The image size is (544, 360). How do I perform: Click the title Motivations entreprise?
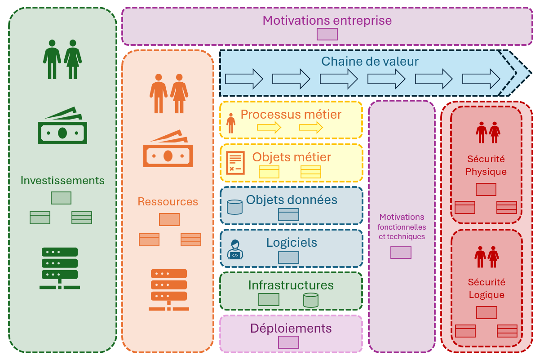(x=327, y=21)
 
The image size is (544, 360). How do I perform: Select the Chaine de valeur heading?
(x=370, y=61)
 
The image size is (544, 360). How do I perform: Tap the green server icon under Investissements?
(x=60, y=268)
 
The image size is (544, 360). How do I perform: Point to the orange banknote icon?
(x=168, y=149)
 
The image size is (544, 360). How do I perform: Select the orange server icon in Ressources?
(x=168, y=290)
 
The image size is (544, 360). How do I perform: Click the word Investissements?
(x=62, y=181)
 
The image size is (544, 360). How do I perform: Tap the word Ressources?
(x=168, y=202)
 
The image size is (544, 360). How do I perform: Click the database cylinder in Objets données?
(x=234, y=207)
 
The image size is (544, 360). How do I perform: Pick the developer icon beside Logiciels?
(x=235, y=250)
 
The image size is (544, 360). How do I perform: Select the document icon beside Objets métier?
(x=235, y=162)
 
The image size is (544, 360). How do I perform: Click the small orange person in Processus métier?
(x=231, y=123)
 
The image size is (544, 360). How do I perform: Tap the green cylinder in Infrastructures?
(x=310, y=300)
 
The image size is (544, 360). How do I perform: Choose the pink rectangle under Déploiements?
(x=288, y=342)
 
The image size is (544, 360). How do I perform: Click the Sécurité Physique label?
(x=486, y=165)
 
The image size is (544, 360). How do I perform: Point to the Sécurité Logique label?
(x=487, y=289)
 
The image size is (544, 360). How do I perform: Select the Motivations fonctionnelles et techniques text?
(x=402, y=227)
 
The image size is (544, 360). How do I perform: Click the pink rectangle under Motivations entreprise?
(x=327, y=34)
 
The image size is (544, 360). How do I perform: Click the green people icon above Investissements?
(x=62, y=59)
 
